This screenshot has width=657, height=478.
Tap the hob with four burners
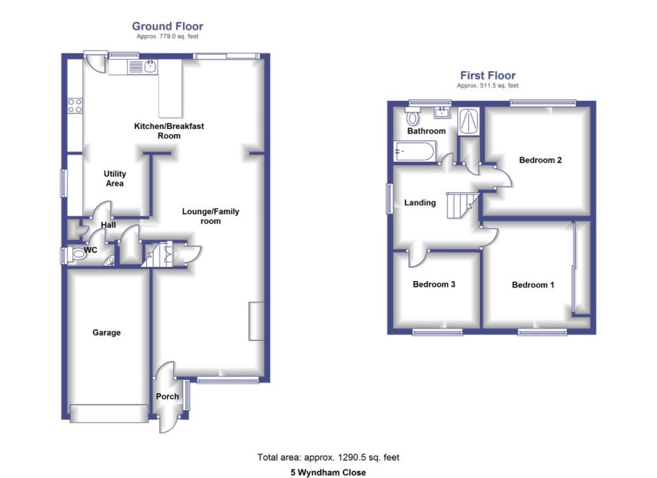tap(75, 106)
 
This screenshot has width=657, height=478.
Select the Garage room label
tap(106, 332)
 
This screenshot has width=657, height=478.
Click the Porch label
tap(168, 396)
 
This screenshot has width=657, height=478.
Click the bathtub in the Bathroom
tap(414, 151)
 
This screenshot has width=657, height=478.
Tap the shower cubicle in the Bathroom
tap(469, 122)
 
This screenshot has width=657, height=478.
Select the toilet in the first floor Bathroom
tap(412, 116)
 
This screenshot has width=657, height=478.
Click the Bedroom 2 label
tap(540, 160)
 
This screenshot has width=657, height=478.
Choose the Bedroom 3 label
tap(434, 284)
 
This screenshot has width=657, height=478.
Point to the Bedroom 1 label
tap(533, 285)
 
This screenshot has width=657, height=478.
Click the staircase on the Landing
tap(459, 205)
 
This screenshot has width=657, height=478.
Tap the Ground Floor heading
tap(168, 26)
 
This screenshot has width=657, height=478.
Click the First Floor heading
tap(488, 76)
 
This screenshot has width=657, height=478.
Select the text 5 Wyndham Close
tap(328, 472)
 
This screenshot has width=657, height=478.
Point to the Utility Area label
tap(115, 178)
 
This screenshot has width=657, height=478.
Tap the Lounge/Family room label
tap(211, 216)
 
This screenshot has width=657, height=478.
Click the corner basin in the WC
tap(110, 261)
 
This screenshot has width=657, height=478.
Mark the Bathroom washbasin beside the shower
tap(441, 113)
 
